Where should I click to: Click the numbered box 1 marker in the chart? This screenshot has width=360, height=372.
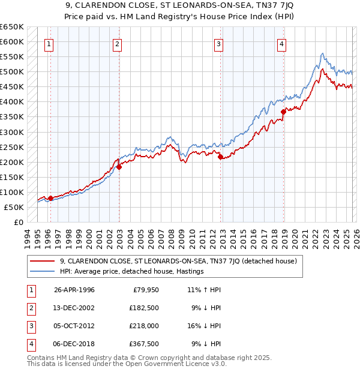49,43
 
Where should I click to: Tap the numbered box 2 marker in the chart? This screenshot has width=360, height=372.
118,43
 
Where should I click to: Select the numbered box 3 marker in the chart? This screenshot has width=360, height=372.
219,43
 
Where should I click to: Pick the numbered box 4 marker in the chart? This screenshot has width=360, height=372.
281,43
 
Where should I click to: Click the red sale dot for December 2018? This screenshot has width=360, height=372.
283,111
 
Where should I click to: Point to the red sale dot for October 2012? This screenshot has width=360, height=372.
220,157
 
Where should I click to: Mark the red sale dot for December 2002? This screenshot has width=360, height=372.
119,167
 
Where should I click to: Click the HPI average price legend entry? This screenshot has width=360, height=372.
131,271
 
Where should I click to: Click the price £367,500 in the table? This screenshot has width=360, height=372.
145,344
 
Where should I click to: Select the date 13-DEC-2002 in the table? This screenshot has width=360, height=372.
74,308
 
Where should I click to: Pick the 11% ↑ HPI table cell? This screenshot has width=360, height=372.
205,290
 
